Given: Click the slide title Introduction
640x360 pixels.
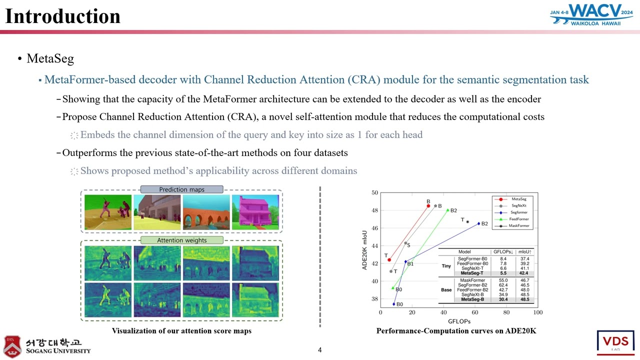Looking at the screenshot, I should click(x=62, y=16).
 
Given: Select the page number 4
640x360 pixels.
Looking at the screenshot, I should click(x=320, y=350).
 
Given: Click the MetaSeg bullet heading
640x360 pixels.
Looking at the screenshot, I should click(x=50, y=58).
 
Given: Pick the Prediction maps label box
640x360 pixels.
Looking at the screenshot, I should click(x=181, y=189).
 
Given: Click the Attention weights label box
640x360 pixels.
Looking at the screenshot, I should click(x=181, y=240).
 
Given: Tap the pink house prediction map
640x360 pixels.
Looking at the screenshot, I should click(x=255, y=212).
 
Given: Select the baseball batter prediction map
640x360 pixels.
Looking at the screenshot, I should click(x=108, y=212).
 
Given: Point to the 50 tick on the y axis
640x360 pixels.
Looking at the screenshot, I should click(x=374, y=192).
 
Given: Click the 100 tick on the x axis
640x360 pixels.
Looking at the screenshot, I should click(x=537, y=312).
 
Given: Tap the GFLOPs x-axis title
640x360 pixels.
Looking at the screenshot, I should click(x=458, y=321).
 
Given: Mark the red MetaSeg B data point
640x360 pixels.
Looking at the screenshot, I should click(x=428, y=206).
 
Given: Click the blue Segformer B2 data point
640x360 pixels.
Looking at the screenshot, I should click(x=478, y=223).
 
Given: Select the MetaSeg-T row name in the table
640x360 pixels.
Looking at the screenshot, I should click(x=472, y=273).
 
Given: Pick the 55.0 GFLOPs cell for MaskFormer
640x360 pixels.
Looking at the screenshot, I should click(x=503, y=280).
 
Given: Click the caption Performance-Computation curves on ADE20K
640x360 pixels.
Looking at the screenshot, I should click(x=456, y=331).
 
